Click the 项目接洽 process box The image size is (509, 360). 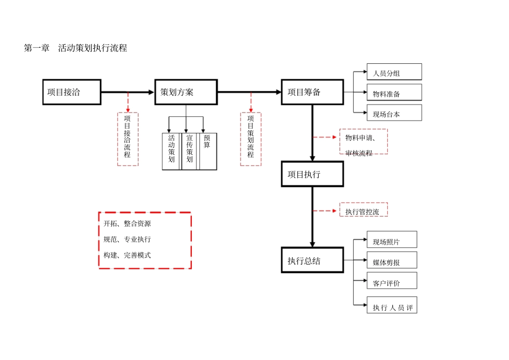[72, 92]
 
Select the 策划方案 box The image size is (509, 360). [186, 92]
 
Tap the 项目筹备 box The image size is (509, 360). [312, 92]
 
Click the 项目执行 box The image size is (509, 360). [312, 174]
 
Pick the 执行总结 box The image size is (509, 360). [312, 260]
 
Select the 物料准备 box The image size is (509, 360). [394, 93]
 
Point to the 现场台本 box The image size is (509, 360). [394, 113]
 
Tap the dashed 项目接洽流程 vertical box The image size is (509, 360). [128, 139]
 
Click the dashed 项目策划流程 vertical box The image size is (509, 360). [251, 139]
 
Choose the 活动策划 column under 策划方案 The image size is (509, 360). [171, 152]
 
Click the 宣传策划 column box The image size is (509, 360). [190, 152]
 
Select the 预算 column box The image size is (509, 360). [208, 152]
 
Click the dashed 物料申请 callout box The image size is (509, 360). [363, 142]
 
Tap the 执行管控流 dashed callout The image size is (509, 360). [363, 210]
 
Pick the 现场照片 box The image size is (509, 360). [391, 240]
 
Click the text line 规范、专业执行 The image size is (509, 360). [128, 239]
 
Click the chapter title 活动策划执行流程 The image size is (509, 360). [92, 48]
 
